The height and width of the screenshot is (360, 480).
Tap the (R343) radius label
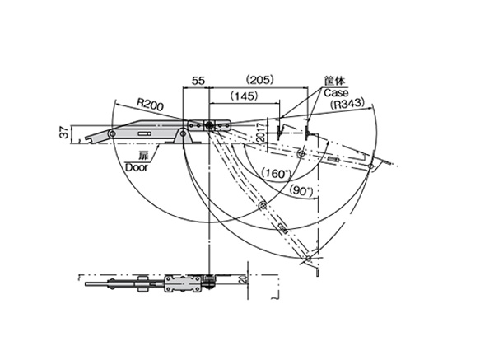[x=347, y=106]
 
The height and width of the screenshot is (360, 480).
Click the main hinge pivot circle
[x=211, y=126]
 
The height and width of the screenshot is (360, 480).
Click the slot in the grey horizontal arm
[x=143, y=132]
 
